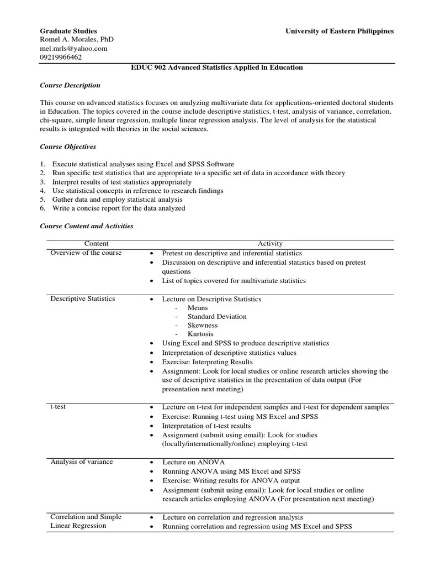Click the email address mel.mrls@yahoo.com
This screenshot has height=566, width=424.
(73, 49)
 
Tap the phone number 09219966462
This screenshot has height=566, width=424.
(61, 57)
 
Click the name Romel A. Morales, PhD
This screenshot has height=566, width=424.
(76, 40)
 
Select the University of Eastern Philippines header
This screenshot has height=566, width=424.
(339, 31)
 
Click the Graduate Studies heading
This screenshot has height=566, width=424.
(68, 31)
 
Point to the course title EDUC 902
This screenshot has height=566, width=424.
(216, 67)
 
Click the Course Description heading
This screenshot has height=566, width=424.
(70, 86)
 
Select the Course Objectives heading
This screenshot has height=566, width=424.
(68, 147)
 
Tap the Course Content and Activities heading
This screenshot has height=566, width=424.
(86, 226)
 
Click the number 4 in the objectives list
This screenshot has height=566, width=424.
(42, 191)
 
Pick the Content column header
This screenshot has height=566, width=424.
(96, 244)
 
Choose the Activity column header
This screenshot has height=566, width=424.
(270, 244)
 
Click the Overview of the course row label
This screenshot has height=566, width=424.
(86, 253)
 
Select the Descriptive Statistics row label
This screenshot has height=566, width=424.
(83, 299)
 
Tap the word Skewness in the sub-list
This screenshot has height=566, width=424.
(203, 326)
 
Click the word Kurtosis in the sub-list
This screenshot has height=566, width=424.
(200, 334)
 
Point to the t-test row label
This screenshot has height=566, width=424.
(59, 407)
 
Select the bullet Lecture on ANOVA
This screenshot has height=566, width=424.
(193, 462)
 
